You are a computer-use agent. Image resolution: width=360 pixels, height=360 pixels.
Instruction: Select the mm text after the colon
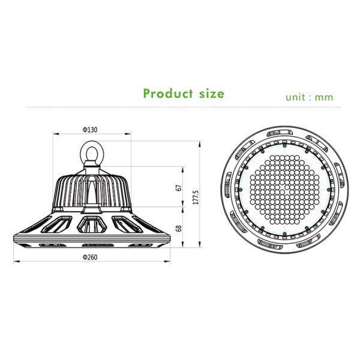click(325, 97)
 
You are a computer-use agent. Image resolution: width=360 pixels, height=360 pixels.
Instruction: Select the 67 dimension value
click(178, 187)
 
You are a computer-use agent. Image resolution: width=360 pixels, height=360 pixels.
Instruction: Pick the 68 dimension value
click(178, 229)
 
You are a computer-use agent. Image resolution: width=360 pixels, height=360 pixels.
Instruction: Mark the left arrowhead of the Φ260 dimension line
click(16, 262)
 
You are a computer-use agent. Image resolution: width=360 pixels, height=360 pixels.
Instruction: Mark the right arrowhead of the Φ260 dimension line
click(166, 262)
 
